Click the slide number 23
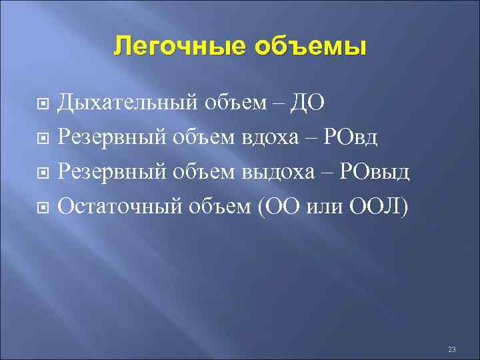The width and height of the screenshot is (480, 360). click(x=452, y=349)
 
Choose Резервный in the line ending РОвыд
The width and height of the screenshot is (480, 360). click(x=113, y=172)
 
